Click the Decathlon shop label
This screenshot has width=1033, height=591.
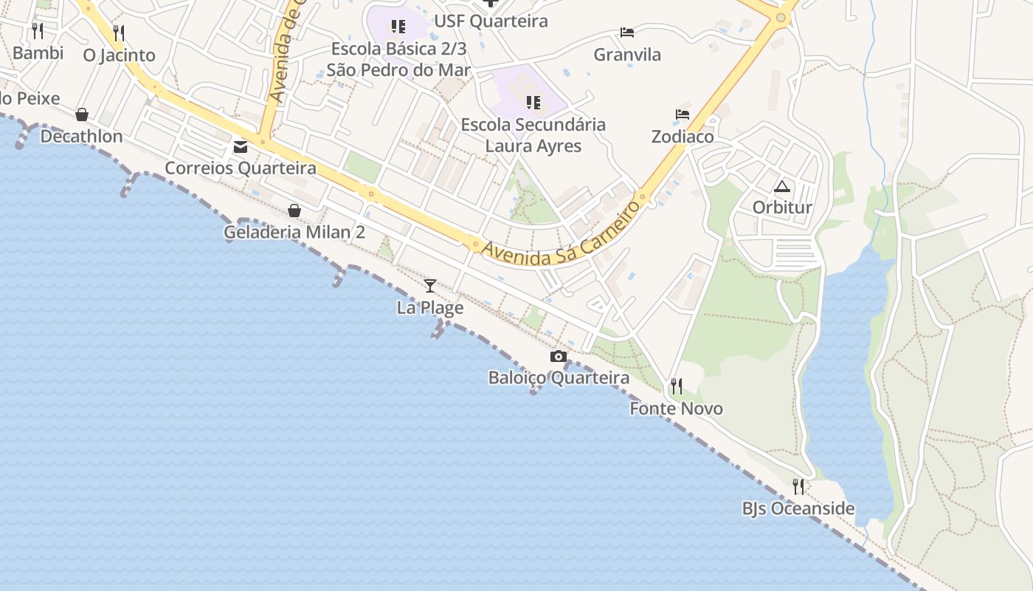coord(81,137)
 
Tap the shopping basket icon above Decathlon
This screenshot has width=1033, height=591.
coord(82,115)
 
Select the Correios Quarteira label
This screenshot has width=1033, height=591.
coord(241,168)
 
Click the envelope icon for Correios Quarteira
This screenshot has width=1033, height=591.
coord(241,146)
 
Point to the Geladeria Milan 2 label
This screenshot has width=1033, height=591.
coord(294,232)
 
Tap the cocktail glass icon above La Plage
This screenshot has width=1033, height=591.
coord(430,285)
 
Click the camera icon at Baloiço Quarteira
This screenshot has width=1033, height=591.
coord(559,357)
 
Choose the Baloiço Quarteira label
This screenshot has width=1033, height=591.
coord(559,378)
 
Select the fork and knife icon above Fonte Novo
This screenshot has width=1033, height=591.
coord(676,386)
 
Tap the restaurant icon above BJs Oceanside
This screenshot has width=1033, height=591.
coord(798,486)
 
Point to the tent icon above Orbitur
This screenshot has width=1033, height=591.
coord(782,186)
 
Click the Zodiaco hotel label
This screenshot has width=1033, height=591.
coord(683,137)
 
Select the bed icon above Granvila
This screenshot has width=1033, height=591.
coord(627,33)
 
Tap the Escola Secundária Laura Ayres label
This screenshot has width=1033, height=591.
coord(533,135)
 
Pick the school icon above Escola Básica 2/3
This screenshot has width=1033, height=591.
coord(398,27)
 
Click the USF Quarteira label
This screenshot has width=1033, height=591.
coord(491,21)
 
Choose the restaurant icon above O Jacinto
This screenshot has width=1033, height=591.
coord(119,33)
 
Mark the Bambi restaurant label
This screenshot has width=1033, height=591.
coord(38,53)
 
